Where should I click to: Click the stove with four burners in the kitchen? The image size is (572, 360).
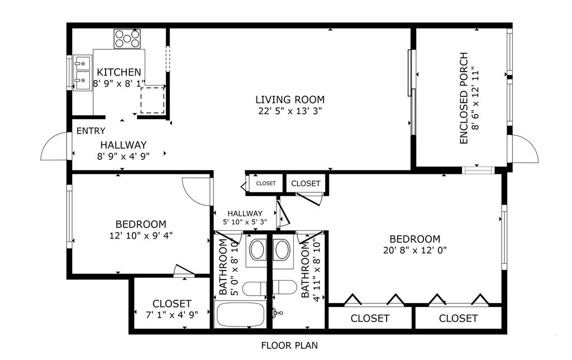pos(127,39)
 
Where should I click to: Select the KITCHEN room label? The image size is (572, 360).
pos(119,72)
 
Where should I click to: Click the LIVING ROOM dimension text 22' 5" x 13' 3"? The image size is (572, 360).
pos(290,111)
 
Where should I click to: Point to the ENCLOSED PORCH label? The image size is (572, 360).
pos(463,98)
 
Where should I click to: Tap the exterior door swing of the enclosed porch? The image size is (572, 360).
pos(525,149)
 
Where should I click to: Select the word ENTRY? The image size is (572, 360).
pos(90,131)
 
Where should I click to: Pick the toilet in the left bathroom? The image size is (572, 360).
pos(255,288)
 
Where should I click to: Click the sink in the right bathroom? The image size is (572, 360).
pos(282,250)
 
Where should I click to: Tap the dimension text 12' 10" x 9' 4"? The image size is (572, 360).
pos(141,235)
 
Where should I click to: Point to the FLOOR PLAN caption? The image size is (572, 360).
pos(289,345)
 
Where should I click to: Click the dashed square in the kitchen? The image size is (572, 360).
pos(152,100)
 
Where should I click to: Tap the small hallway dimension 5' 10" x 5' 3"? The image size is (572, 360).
pos(245,222)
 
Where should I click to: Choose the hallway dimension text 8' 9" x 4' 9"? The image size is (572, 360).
pos(123,157)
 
